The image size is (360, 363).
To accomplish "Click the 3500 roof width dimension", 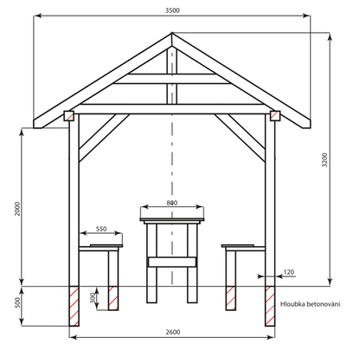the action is (x=172, y=10).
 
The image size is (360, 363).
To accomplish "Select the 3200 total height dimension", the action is (x=325, y=159).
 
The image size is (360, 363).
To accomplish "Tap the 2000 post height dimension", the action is (x=17, y=209).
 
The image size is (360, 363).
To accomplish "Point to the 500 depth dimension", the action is (x=17, y=302).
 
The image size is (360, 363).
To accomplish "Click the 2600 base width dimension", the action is (x=173, y=332).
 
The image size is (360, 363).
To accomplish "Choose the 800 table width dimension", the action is (x=172, y=203).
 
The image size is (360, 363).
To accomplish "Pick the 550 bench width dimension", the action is (x=101, y=229).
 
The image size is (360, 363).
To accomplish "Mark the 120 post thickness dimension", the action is (x=289, y=272).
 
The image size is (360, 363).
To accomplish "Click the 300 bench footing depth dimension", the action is (x=93, y=298).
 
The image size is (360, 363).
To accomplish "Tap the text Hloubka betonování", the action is (x=310, y=304).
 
